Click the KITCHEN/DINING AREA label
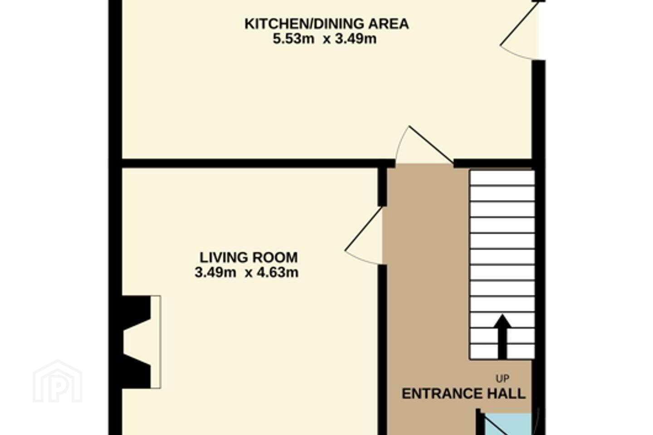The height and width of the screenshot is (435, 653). [x=326, y=24]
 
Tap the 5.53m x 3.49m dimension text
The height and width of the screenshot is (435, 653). [x=325, y=39]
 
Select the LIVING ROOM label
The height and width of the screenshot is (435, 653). [x=249, y=257]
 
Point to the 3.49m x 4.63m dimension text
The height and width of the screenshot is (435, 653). [x=247, y=273]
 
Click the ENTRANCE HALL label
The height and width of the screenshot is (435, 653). [x=463, y=394]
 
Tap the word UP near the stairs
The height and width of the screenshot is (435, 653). [x=502, y=378]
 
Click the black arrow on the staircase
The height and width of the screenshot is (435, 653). [x=502, y=337]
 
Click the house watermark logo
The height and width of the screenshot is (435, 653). [x=58, y=381]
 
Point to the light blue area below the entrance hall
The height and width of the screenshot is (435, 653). [x=507, y=424]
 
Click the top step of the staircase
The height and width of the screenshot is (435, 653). [x=502, y=178]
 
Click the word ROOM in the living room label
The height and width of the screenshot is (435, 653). [x=275, y=257]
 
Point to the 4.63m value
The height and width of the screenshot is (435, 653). [x=278, y=273]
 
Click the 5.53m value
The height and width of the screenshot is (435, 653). [x=293, y=39]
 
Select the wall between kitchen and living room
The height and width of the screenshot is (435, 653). [x=258, y=164]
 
